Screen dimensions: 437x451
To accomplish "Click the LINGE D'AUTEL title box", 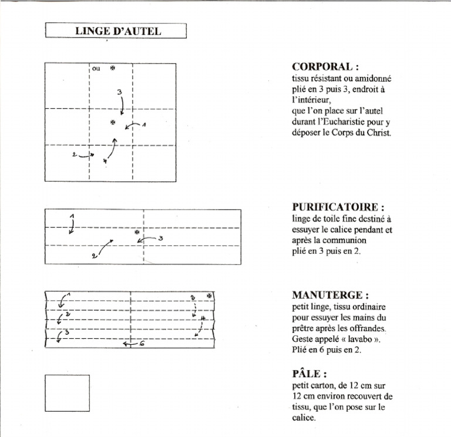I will click(x=116, y=31).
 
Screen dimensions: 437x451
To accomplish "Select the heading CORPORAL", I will click(x=325, y=66).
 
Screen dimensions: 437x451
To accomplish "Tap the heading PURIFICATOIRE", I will click(x=338, y=207).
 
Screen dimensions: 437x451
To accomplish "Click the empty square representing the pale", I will click(x=68, y=394).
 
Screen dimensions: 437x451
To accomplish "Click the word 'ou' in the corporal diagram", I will click(x=96, y=68).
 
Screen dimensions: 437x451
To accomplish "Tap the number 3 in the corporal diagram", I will click(x=119, y=92).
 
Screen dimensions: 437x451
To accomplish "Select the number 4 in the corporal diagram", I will click(x=105, y=160).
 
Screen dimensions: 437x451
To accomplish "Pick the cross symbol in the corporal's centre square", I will click(x=112, y=122).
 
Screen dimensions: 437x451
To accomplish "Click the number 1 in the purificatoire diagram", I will click(x=72, y=217).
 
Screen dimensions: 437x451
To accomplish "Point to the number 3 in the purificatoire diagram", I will click(x=160, y=238).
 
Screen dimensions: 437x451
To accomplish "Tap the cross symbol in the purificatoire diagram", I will click(x=137, y=233).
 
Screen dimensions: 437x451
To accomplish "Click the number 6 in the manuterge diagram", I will click(x=141, y=344).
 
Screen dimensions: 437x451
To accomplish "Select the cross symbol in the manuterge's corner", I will click(x=209, y=295).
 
